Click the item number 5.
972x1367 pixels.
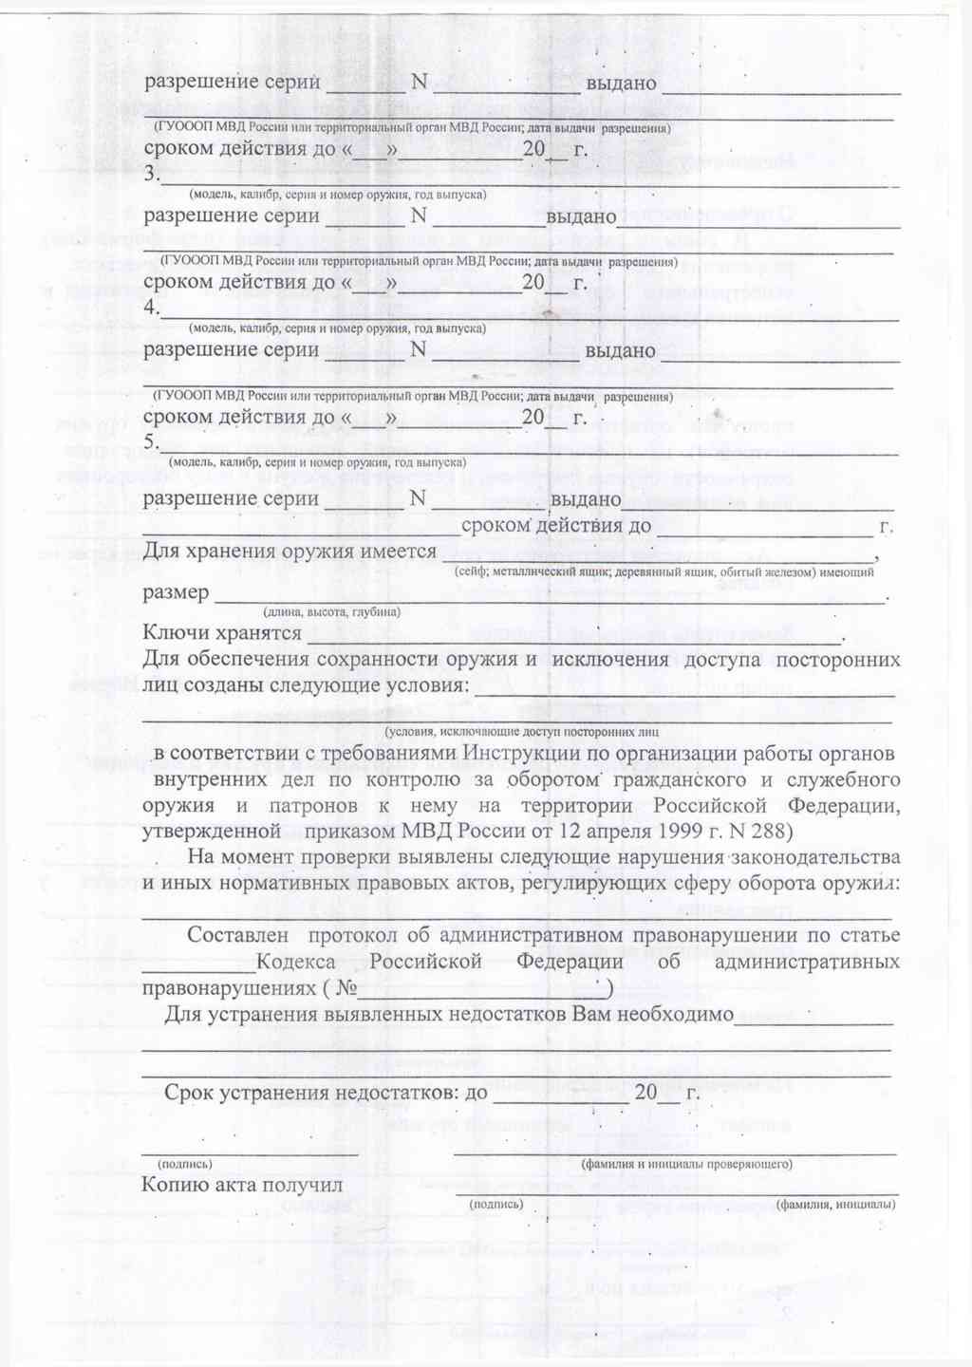pos(149,443)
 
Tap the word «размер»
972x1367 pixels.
pos(176,592)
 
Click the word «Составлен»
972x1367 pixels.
pos(237,935)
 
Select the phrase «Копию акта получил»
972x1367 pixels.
pos(241,1184)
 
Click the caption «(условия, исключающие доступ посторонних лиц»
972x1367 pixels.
pos(521,732)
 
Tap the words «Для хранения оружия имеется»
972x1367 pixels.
pos(289,552)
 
